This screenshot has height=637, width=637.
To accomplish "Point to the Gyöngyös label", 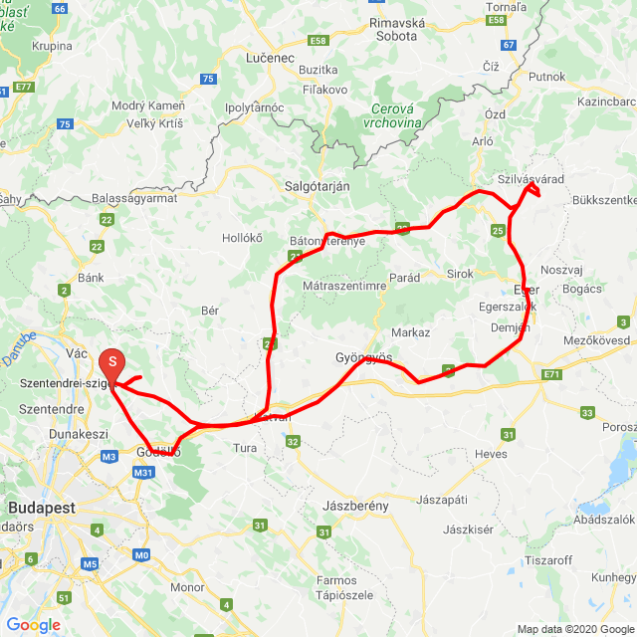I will [x=365, y=356].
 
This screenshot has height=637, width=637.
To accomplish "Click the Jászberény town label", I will [x=355, y=506].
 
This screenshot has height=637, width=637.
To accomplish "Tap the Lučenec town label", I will [x=270, y=58].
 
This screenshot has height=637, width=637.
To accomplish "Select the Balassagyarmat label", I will [x=133, y=198].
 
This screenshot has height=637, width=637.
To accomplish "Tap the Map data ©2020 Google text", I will [x=574, y=629].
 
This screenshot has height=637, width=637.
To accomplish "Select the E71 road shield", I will [x=552, y=374].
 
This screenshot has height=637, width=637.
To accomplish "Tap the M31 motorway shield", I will [x=142, y=473].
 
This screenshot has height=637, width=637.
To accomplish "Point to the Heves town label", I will [x=491, y=454].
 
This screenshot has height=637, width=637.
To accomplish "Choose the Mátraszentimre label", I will [x=343, y=286].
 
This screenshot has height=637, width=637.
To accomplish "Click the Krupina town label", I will [x=52, y=46].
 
